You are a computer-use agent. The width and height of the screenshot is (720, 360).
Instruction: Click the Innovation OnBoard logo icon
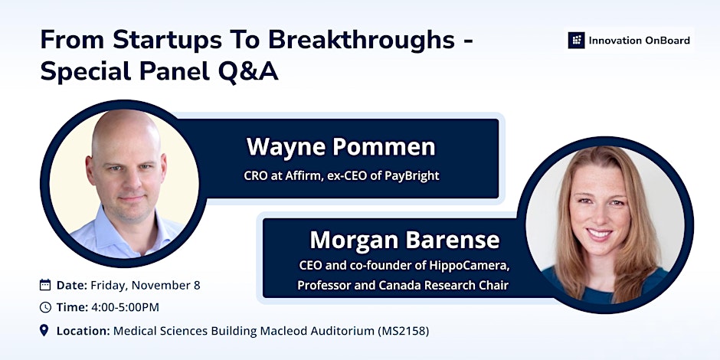point(576,41)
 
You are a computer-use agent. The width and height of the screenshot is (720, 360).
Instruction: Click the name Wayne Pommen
point(341,147)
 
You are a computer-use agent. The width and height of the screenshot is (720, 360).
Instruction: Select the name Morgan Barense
point(404,240)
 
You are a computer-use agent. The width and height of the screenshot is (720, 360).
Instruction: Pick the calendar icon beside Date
point(45,285)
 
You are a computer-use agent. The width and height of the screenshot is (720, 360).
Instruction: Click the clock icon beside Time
point(45,307)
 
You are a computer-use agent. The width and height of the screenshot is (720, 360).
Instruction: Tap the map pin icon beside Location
point(44,330)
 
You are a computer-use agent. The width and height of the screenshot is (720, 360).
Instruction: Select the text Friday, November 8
point(145,286)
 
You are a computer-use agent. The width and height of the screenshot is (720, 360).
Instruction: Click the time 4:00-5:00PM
point(125,308)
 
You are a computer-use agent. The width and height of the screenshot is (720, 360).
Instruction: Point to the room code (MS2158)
point(404,331)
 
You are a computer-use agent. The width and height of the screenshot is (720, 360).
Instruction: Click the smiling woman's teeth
point(600,234)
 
